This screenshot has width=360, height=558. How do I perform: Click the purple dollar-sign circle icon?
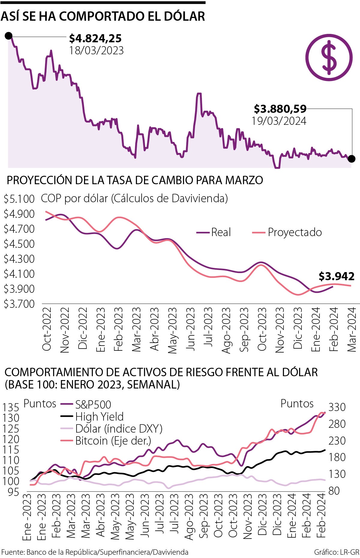[329, 57]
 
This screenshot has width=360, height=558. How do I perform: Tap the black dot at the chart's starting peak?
[9, 36]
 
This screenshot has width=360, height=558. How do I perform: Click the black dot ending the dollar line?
[352, 159]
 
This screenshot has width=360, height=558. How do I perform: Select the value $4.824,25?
[95, 38]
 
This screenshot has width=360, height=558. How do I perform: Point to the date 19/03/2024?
[279, 121]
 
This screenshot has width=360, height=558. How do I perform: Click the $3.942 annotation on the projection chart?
[336, 276]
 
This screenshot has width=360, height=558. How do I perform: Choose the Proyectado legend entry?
[287, 232]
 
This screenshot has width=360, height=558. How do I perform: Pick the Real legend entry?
[214, 232]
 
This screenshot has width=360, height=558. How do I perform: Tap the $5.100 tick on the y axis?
[19, 199]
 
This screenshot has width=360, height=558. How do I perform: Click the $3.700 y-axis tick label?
[19, 304]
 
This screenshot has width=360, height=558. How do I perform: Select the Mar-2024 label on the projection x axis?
[352, 329]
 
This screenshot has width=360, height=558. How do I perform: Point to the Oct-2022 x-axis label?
[47, 329]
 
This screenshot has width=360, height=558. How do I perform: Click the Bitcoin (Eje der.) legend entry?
[106, 441]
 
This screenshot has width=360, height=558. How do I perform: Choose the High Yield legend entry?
[92, 417]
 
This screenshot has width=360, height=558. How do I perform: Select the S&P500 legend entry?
[86, 404]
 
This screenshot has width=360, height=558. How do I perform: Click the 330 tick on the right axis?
[337, 407]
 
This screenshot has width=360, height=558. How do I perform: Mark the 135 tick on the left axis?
[11, 407]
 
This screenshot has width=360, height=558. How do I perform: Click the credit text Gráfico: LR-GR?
[336, 552]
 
